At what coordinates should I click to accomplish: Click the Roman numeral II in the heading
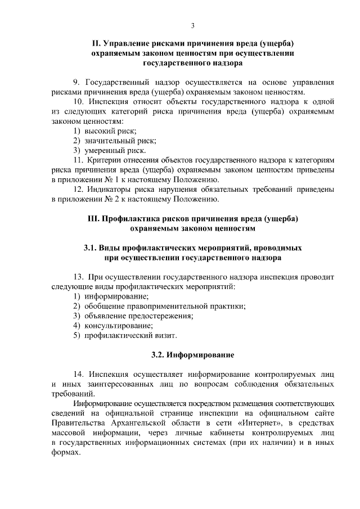pyautogui.click(x=95, y=43)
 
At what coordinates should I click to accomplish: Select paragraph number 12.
pyautogui.click(x=79, y=190)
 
